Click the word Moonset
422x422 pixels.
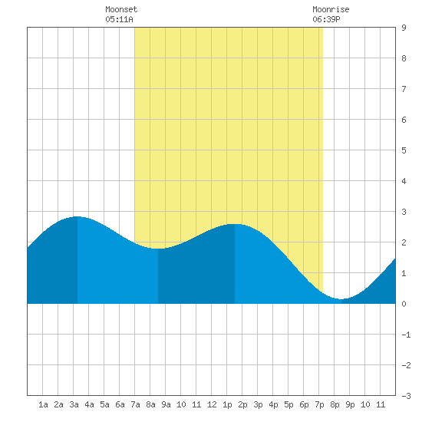pos(121,9)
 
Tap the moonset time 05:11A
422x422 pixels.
pos(119,19)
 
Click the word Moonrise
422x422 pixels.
pos(331,9)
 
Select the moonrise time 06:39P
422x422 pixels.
pos(326,19)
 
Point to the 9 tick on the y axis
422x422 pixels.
pos(404,28)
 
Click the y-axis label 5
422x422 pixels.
pos(404,150)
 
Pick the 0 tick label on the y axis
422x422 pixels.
pos(404,304)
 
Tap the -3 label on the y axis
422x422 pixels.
pos(406,396)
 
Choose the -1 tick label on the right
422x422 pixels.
pos(406,335)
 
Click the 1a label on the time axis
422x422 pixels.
pos(43,404)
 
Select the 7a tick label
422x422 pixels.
pos(135,404)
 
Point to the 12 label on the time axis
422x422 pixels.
pos(212,404)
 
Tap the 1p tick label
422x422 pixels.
pos(227,404)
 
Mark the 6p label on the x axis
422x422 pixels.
pos(304,404)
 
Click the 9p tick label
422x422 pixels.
pos(350,404)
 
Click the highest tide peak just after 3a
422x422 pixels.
pos(77,216)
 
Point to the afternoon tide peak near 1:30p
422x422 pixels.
pos(235,224)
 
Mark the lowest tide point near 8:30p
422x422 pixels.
pos(341,299)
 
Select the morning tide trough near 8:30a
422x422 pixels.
pos(158,249)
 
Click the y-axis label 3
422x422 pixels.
pos(404,212)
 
